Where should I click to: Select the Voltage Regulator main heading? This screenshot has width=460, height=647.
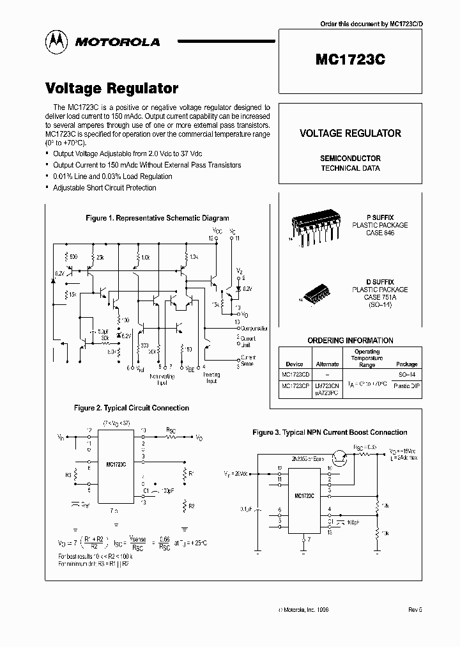[x=112, y=89]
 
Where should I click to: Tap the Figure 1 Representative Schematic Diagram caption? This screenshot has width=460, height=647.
[x=157, y=218]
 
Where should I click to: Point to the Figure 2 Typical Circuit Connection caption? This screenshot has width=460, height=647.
[x=132, y=407]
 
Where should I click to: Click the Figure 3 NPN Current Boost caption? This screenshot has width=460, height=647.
[x=330, y=433]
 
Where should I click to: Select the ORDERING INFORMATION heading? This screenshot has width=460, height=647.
[x=350, y=340]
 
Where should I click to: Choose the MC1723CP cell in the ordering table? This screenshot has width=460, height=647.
[x=295, y=386]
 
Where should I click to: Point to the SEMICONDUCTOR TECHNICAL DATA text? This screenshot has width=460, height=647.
[x=350, y=163]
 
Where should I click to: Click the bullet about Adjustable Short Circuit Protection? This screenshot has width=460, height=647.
[x=105, y=187]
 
